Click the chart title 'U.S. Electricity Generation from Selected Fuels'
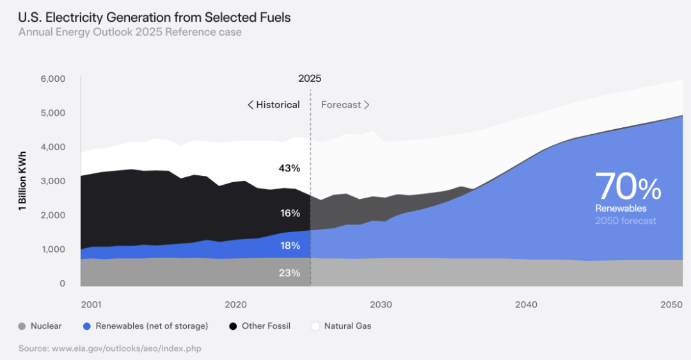154,17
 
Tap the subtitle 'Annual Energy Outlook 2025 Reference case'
130,32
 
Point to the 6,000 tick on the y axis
52,79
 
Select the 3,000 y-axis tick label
52,182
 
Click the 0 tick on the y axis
62,284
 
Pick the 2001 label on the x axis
91,304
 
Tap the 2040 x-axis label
526,304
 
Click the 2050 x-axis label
671,304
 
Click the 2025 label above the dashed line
310,79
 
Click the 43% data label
289,168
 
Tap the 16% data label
290,213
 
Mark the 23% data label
289,273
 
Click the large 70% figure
628,187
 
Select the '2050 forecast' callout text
625,221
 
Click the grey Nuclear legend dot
22,326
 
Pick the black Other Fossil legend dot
233,326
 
